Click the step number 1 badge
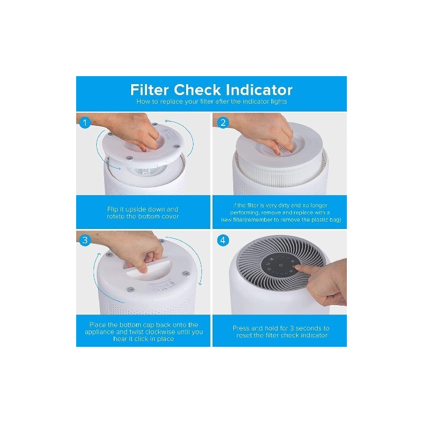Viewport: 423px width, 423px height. point(85,123)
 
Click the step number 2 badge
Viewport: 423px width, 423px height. point(223,123)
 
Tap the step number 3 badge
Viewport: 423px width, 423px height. point(85,240)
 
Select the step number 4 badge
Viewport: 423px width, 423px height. point(223,240)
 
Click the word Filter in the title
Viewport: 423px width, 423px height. point(150,90)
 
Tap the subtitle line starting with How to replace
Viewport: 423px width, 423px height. point(212,102)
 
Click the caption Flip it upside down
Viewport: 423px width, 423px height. point(143,209)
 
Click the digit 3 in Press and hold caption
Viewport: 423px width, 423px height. point(292,328)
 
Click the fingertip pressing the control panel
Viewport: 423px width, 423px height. point(297,267)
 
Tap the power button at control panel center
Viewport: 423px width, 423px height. point(281,265)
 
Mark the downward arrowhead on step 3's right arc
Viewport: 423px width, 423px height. point(200,283)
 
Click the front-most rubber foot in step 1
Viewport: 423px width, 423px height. point(130,159)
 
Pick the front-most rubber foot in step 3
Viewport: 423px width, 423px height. point(131,290)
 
